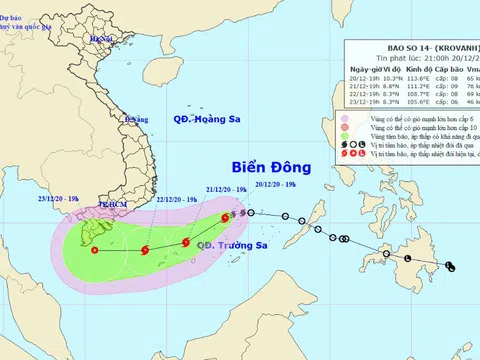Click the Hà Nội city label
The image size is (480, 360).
pyautogui.click(x=100, y=38)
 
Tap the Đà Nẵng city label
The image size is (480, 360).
pyautogui.click(x=129, y=120)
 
